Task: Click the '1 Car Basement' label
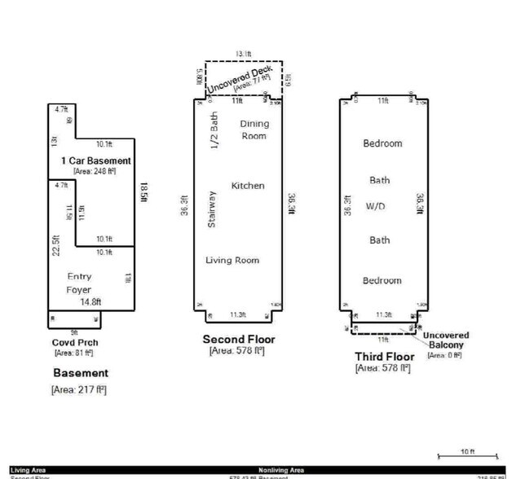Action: pyautogui.click(x=95, y=161)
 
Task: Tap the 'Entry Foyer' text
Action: pyautogui.click(x=79, y=283)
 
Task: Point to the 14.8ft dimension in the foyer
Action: pyautogui.click(x=90, y=301)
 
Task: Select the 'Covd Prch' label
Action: pyautogui.click(x=75, y=342)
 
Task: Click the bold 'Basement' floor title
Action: pyautogui.click(x=81, y=372)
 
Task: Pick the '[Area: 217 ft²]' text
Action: pyautogui.click(x=78, y=389)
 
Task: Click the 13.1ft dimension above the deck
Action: pyautogui.click(x=244, y=54)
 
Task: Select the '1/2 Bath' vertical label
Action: pyautogui.click(x=215, y=130)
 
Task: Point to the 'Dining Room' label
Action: pyautogui.click(x=254, y=130)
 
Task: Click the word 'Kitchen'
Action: pyautogui.click(x=248, y=186)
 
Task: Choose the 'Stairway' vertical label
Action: pyautogui.click(x=212, y=210)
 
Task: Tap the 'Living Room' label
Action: pyautogui.click(x=232, y=260)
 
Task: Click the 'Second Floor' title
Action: pyautogui.click(x=239, y=339)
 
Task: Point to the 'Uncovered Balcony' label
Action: pyautogui.click(x=445, y=340)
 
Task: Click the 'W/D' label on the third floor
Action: pyautogui.click(x=375, y=206)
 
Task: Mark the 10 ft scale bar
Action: pyautogui.click(x=466, y=455)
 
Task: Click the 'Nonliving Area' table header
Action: pyautogui.click(x=281, y=470)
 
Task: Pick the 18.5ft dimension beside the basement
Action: pyautogui.click(x=143, y=192)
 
